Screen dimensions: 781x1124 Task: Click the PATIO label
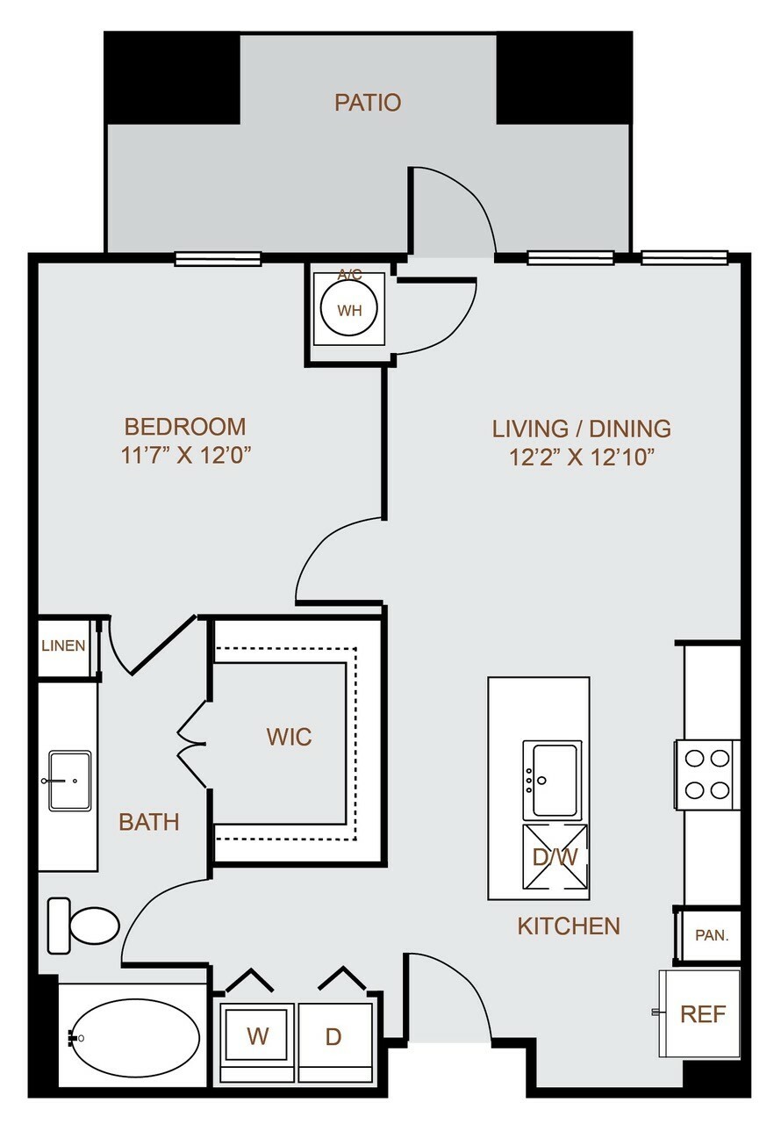(x=368, y=103)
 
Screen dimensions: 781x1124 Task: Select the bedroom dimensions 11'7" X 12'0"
(x=185, y=455)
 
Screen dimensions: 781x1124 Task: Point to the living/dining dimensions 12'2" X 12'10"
(x=582, y=457)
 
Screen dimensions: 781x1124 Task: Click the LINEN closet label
(x=63, y=645)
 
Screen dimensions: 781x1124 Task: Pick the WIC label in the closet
(x=289, y=736)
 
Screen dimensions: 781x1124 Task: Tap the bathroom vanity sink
(x=69, y=781)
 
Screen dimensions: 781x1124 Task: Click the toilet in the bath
(x=83, y=926)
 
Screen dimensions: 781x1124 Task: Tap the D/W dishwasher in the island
(x=555, y=856)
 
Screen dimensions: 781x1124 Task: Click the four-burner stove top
(x=706, y=775)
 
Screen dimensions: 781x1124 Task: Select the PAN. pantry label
(x=712, y=935)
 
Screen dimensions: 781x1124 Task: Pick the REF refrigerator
(x=699, y=1014)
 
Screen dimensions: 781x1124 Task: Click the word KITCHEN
(x=569, y=926)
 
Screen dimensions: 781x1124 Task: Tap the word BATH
(x=149, y=822)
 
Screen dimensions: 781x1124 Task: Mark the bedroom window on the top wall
(x=218, y=259)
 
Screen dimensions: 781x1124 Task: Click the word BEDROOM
(x=185, y=427)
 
